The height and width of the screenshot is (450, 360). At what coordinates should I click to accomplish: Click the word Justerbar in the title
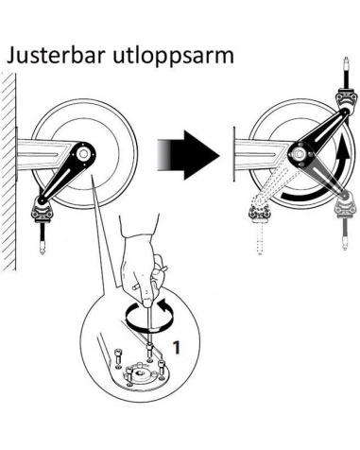(x=56, y=57)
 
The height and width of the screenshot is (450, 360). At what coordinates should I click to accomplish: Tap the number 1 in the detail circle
(x=177, y=347)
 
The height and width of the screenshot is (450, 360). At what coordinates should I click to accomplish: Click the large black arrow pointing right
(x=188, y=155)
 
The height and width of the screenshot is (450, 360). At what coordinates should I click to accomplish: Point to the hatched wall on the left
(x=9, y=172)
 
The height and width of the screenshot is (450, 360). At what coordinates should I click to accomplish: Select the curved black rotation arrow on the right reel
(x=328, y=178)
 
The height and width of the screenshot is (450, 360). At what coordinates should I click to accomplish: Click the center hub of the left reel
(x=83, y=153)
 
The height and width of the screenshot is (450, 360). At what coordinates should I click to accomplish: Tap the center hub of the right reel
(x=299, y=154)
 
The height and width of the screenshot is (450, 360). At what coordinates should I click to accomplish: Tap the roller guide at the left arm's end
(x=41, y=212)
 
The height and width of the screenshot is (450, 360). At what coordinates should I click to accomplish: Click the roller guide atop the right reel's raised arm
(x=347, y=98)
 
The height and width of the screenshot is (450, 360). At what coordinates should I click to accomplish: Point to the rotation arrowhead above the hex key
(x=163, y=305)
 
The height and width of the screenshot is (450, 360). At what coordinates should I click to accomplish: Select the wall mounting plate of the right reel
(x=233, y=154)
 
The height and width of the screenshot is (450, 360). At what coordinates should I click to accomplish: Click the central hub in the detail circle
(x=139, y=373)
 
